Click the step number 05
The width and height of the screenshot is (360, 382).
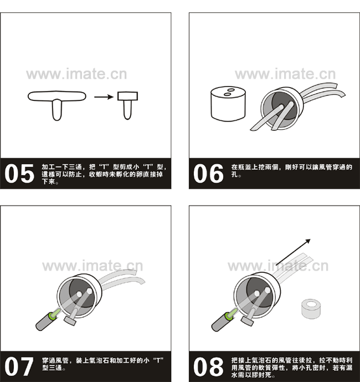coord(19,173)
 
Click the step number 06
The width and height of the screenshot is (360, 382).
coord(208,173)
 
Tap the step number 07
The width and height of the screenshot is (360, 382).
coord(19,366)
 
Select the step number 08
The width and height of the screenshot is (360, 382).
coord(208,366)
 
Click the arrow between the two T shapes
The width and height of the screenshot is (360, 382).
coord(104,97)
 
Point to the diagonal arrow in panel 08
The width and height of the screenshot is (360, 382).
coord(294,252)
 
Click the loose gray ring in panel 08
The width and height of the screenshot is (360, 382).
coord(311,309)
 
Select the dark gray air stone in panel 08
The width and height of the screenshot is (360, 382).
coord(220,323)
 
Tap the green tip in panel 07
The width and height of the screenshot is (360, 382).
coord(54,314)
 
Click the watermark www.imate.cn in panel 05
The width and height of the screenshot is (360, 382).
coord(76,74)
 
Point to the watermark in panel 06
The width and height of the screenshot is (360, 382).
coord(285,74)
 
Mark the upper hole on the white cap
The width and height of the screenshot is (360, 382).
coord(230,90)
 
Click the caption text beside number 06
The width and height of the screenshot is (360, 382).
coord(292,171)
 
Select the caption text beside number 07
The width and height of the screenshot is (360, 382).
coord(102,364)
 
